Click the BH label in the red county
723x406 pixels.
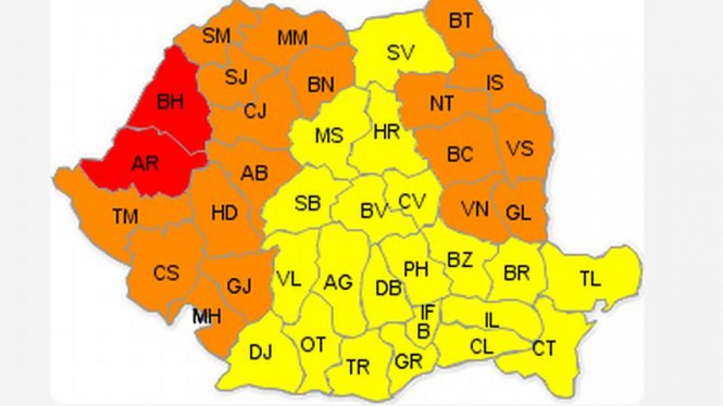170,102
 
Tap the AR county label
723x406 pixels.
145,163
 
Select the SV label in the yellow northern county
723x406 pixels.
401,53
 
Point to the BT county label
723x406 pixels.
461,21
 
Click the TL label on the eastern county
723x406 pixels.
590,279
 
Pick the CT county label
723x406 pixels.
543,348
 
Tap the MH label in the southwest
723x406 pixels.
207,315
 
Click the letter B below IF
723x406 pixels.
424,331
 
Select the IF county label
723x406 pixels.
427,312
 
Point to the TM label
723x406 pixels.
125,217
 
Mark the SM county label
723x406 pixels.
216,36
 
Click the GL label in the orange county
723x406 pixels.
518,213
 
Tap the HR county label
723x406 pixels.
386,132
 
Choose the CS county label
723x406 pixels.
166,273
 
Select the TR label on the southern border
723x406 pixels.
358,366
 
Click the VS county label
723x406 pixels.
519,148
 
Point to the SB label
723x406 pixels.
307,204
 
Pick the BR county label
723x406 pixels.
516,273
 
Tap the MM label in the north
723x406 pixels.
292,38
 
